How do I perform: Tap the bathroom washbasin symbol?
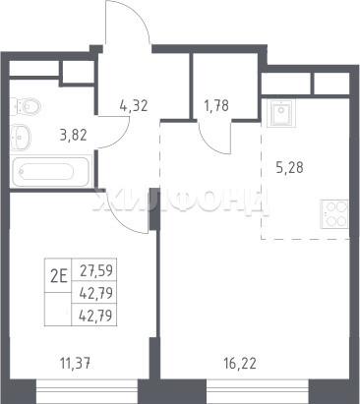[21, 138]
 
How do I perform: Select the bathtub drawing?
[50, 172]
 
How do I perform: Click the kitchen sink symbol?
[281, 113]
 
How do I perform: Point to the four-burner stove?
[333, 214]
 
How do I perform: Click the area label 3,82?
[74, 135]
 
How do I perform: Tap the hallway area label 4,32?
[134, 106]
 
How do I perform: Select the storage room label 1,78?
[216, 106]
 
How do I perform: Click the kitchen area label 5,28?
[289, 168]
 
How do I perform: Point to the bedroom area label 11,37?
[75, 363]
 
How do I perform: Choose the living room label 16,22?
[240, 363]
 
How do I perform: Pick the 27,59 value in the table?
[96, 271]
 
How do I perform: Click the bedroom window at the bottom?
[87, 391]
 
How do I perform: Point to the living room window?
[258, 391]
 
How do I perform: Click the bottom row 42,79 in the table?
[96, 316]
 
